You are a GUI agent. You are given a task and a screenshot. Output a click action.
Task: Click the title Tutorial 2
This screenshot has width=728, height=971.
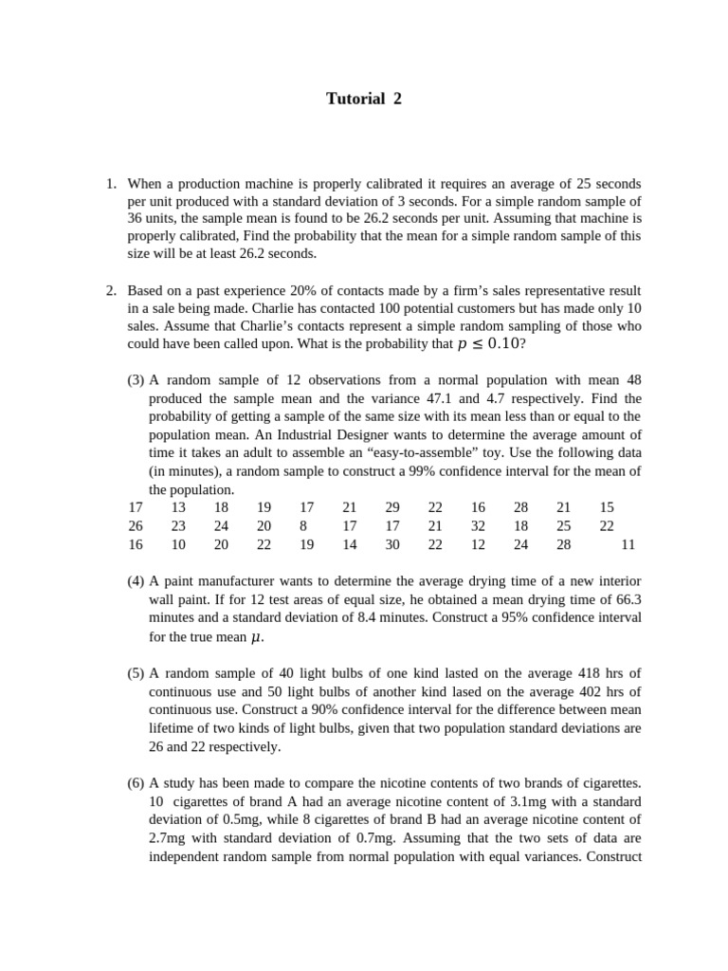coord(364,99)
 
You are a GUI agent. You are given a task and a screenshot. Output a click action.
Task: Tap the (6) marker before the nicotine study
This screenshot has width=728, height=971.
coord(136,782)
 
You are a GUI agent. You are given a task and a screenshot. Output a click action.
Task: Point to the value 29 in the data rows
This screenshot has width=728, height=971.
coord(392,507)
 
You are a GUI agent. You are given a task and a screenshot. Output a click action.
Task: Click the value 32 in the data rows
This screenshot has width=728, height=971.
coord(478,525)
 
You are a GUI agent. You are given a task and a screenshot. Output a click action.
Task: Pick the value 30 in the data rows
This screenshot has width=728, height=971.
coord(392,544)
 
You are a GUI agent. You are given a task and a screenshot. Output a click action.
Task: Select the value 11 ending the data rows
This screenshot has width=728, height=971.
coord(628,544)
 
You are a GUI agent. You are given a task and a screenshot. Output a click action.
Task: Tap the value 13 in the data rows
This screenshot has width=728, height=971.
coord(178,507)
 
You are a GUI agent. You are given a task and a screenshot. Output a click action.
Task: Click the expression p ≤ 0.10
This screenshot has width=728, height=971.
coord(487,345)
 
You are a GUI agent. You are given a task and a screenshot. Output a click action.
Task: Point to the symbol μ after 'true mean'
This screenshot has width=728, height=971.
coord(255,637)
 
